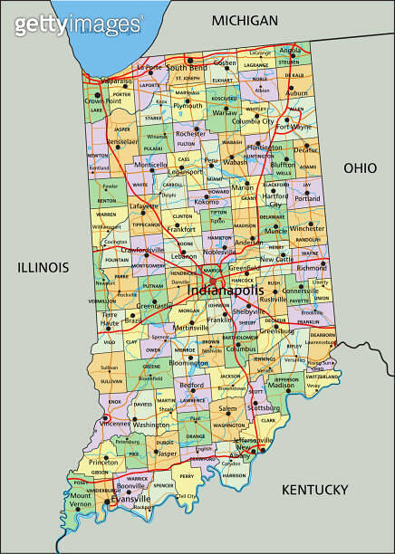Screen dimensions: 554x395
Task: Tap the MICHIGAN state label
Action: click(244, 20)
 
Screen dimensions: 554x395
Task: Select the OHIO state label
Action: click(359, 168)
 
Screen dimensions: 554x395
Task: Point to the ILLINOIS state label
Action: click(43, 267)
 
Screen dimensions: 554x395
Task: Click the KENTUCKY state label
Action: click(314, 490)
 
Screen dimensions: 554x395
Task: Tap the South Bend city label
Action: click(187, 67)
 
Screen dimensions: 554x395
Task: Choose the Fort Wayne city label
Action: click(294, 127)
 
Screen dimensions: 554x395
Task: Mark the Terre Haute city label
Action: click(109, 320)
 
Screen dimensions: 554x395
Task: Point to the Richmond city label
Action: click(312, 268)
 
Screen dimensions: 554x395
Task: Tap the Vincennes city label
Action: click(114, 423)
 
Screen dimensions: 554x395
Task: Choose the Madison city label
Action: click(281, 386)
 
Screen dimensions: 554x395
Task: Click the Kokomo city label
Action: click(207, 201)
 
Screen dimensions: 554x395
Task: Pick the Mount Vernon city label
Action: click(81, 500)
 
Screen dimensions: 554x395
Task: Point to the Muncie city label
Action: click(276, 231)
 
